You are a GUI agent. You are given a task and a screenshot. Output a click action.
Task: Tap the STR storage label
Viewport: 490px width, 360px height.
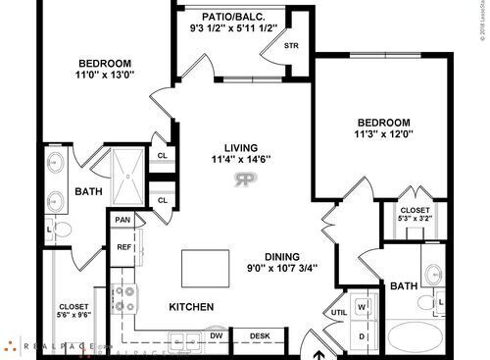pyautogui.click(x=291, y=45)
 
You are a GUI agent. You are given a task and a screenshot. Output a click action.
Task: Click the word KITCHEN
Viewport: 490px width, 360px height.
pyautogui.click(x=191, y=307)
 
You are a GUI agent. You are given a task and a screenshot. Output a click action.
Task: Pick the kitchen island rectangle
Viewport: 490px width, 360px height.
pyautogui.click(x=205, y=266)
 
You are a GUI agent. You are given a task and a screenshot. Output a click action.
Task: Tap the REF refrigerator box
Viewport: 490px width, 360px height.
pyautogui.click(x=124, y=247)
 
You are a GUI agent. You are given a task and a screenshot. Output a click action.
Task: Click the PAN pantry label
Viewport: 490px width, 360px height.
pyautogui.click(x=123, y=221)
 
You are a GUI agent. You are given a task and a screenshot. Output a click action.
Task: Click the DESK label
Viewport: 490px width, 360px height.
pyautogui.click(x=260, y=335)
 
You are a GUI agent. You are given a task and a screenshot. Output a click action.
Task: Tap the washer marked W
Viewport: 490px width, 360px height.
pyautogui.click(x=362, y=305)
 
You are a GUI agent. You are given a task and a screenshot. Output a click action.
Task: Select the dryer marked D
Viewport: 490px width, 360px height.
pyautogui.click(x=362, y=335)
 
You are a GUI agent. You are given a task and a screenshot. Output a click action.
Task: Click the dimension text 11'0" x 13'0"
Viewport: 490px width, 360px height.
pyautogui.click(x=106, y=73)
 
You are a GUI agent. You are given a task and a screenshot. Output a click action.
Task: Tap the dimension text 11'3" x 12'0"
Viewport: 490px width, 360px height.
pyautogui.click(x=380, y=136)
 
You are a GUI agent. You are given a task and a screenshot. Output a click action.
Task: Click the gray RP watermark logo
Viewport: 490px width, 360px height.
pyautogui.click(x=246, y=182)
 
